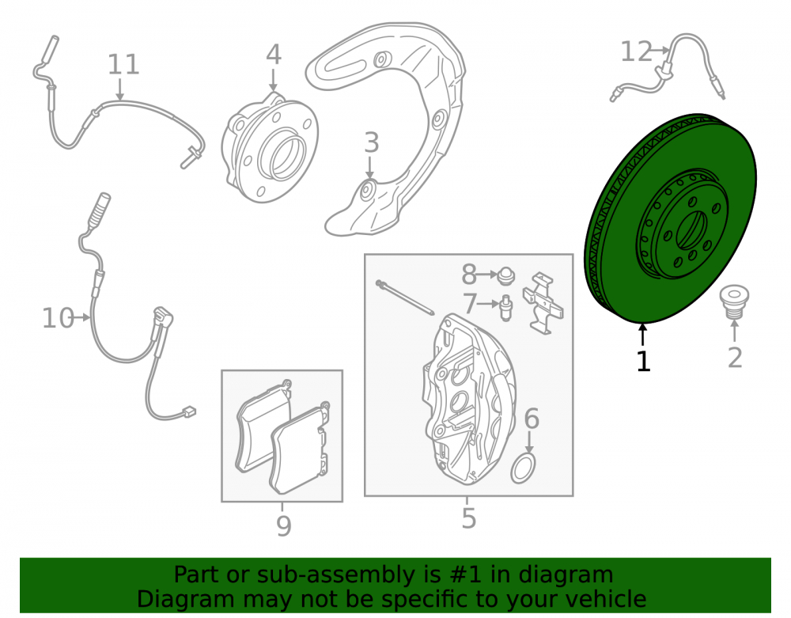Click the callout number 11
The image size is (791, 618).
(x=123, y=65)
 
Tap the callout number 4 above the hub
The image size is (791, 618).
(x=274, y=55)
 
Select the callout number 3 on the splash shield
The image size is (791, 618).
(x=371, y=142)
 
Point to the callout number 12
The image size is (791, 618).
(x=636, y=51)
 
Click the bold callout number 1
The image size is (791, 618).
(x=642, y=361)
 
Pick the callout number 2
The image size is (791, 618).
(x=735, y=358)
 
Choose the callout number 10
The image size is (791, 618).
(x=58, y=318)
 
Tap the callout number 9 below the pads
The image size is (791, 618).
(x=284, y=526)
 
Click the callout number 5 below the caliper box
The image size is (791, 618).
(x=468, y=518)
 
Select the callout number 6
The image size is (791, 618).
(x=532, y=419)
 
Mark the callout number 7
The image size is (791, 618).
(x=470, y=304)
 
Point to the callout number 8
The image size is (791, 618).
(x=469, y=275)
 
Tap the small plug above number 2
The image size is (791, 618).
(x=734, y=301)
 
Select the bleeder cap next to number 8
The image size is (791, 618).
(x=506, y=276)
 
